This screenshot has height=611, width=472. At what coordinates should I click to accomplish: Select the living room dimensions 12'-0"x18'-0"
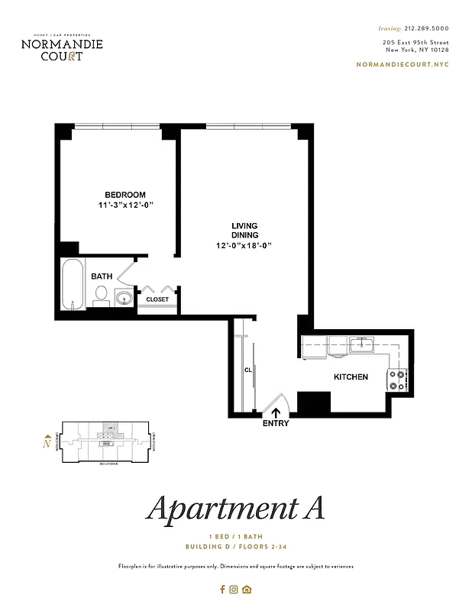point(244,245)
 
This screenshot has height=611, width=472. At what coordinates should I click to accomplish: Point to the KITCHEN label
point(351,377)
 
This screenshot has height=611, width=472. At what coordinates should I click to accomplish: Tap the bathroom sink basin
point(123,297)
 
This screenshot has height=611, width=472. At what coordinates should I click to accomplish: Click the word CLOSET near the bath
point(157,299)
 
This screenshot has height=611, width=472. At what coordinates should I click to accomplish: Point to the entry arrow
point(275,412)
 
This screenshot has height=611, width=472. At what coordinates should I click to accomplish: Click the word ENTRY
point(275,424)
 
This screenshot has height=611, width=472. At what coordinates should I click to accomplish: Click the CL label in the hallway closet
point(248,370)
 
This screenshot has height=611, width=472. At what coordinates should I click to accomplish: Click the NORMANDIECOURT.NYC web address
point(402,64)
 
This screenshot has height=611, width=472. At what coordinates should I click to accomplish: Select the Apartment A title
point(235,506)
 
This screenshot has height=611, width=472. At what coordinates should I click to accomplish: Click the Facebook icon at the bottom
point(223,589)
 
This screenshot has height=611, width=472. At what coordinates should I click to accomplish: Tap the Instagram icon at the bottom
point(234,589)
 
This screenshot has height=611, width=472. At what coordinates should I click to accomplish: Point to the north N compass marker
point(47,441)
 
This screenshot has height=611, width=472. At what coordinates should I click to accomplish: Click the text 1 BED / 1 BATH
point(235,536)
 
